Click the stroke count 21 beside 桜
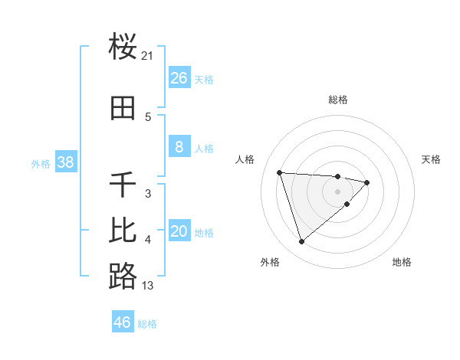click(x=148, y=55)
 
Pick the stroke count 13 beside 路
click(x=148, y=286)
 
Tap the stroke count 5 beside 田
click(x=148, y=116)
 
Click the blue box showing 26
click(x=179, y=78)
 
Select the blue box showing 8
click(x=179, y=147)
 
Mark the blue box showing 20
click(x=179, y=231)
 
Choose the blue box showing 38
click(x=65, y=162)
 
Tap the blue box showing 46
click(x=123, y=322)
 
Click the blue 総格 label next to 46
click(x=147, y=324)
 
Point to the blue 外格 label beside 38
click(x=41, y=163)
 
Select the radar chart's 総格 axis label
click(x=337, y=100)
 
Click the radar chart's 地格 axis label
click(x=402, y=262)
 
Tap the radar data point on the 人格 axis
click(x=280, y=172)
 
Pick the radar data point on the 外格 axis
click(x=302, y=241)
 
